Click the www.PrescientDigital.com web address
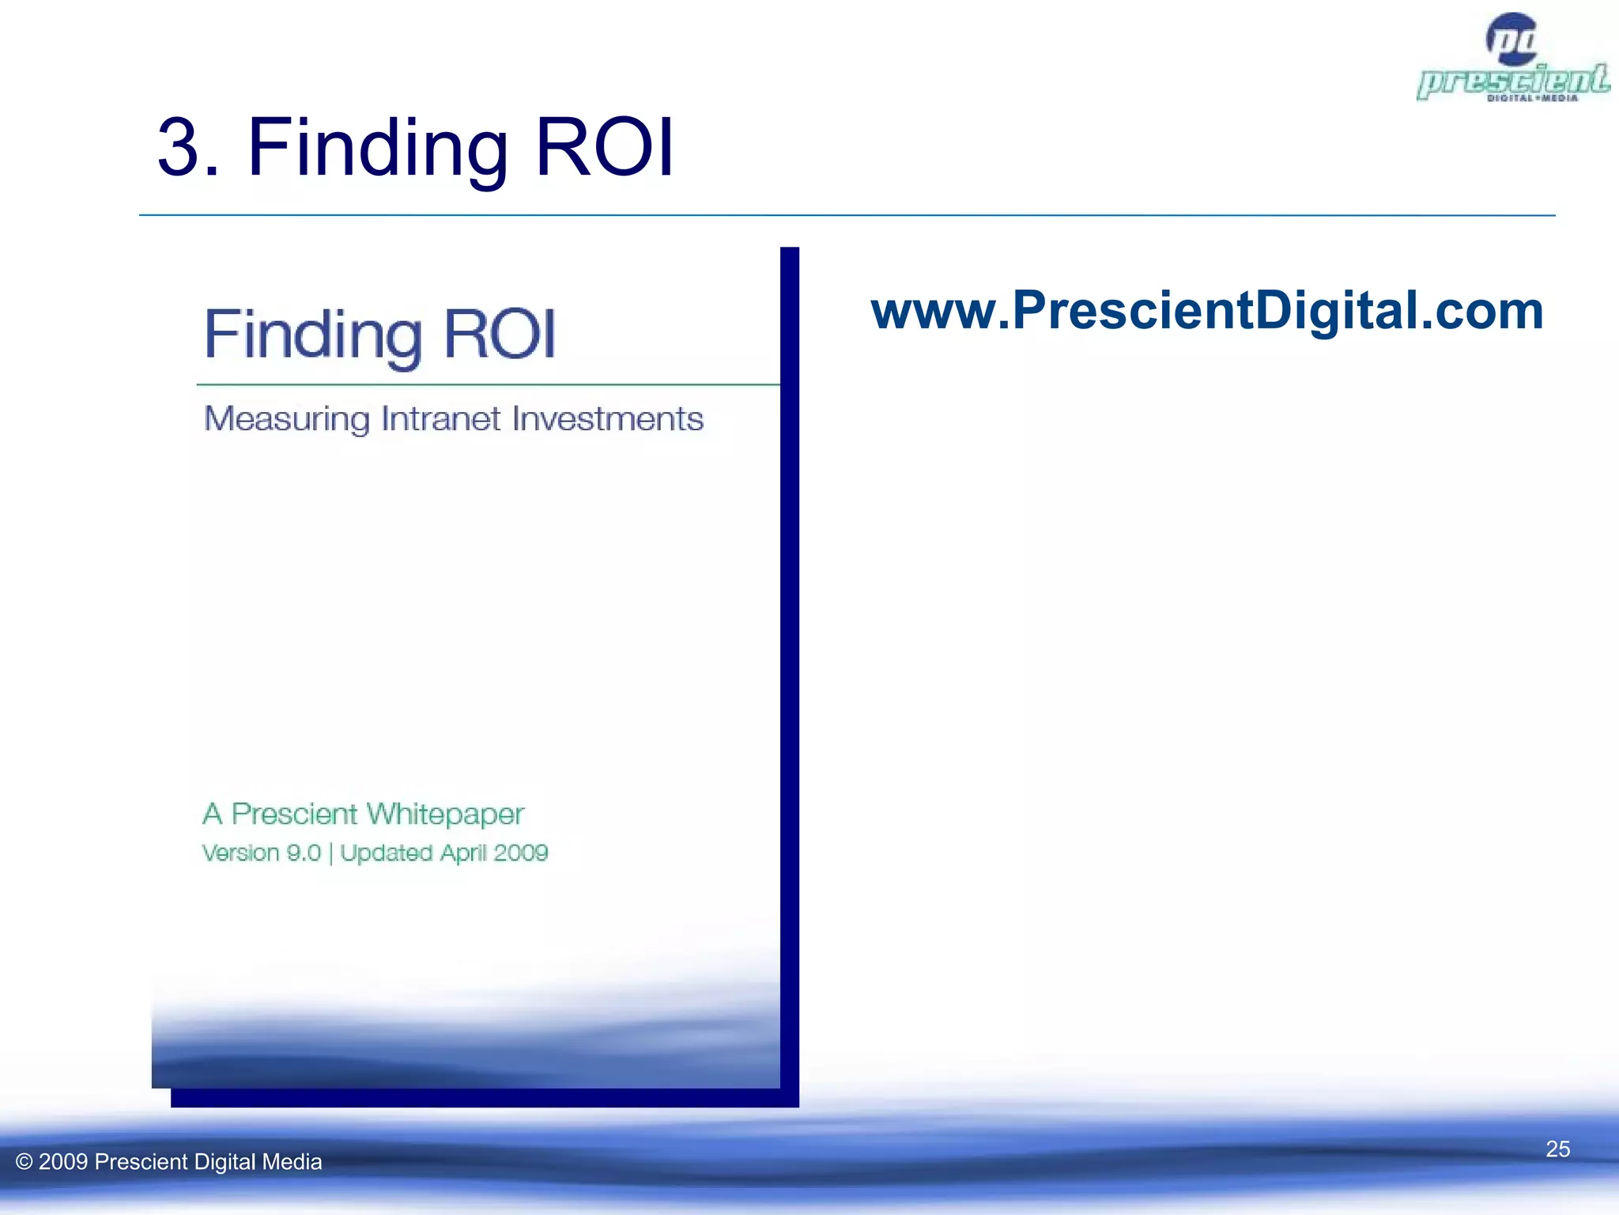point(1206,311)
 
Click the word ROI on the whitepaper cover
point(500,334)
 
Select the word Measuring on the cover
point(286,419)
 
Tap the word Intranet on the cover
point(440,418)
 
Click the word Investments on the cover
point(607,418)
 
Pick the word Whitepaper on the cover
point(445,814)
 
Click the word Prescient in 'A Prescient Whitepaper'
point(294,814)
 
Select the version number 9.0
point(304,853)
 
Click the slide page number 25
point(1557,1149)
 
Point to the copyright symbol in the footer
point(25,1162)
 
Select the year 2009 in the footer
point(63,1162)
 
